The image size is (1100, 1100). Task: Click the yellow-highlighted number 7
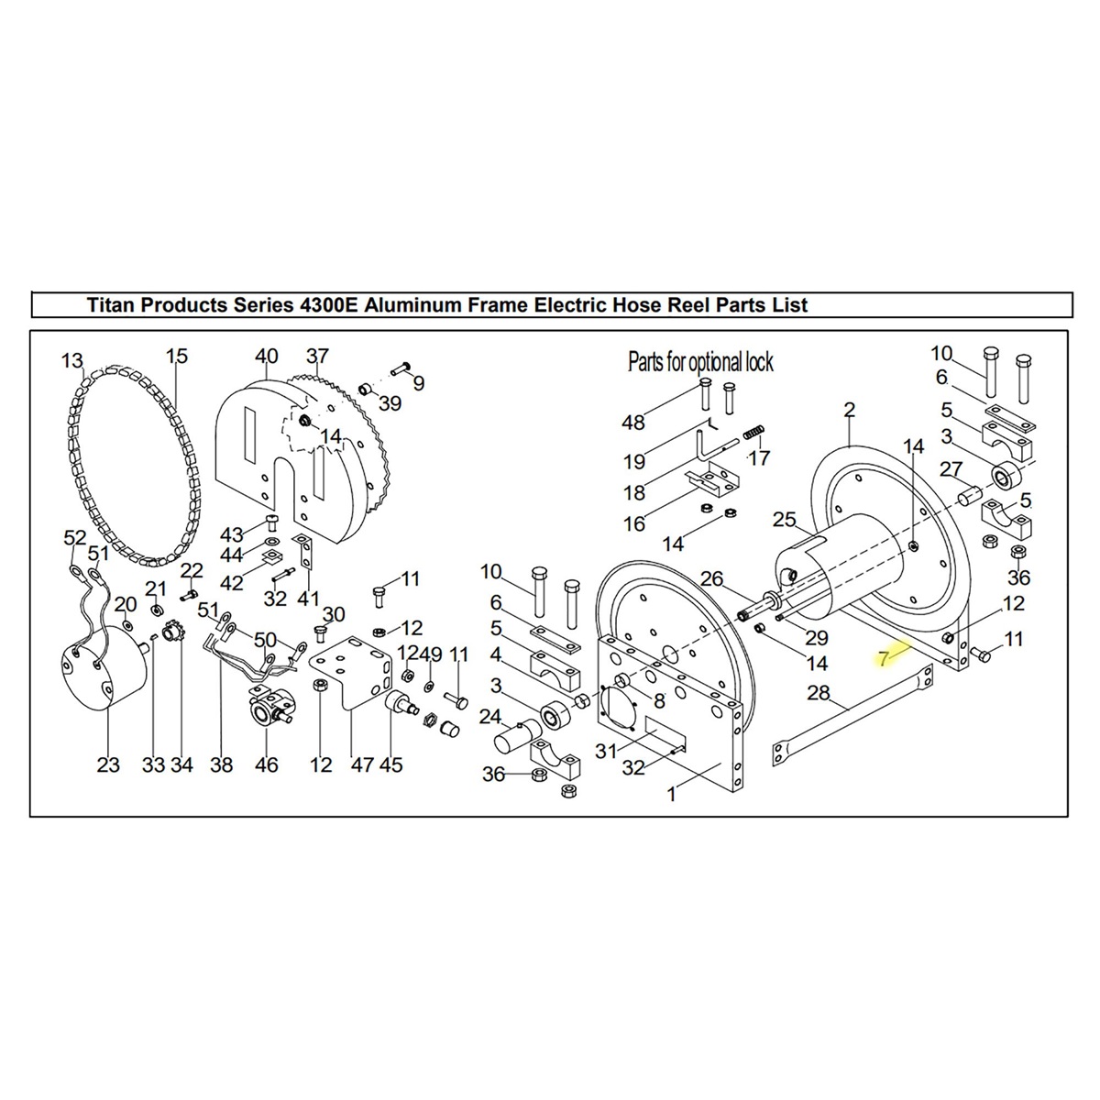(884, 658)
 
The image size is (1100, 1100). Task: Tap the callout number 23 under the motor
(108, 764)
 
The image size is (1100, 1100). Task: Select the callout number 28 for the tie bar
(819, 693)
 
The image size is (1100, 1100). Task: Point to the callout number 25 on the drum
(785, 521)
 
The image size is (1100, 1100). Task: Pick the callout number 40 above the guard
(266, 357)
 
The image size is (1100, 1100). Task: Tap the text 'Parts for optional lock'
(700, 362)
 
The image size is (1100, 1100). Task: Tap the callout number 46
(266, 764)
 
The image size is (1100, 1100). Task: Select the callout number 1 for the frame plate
(672, 794)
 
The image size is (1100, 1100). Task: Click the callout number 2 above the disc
(850, 410)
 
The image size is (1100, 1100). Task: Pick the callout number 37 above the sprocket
(317, 357)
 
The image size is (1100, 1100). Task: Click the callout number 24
(490, 716)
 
